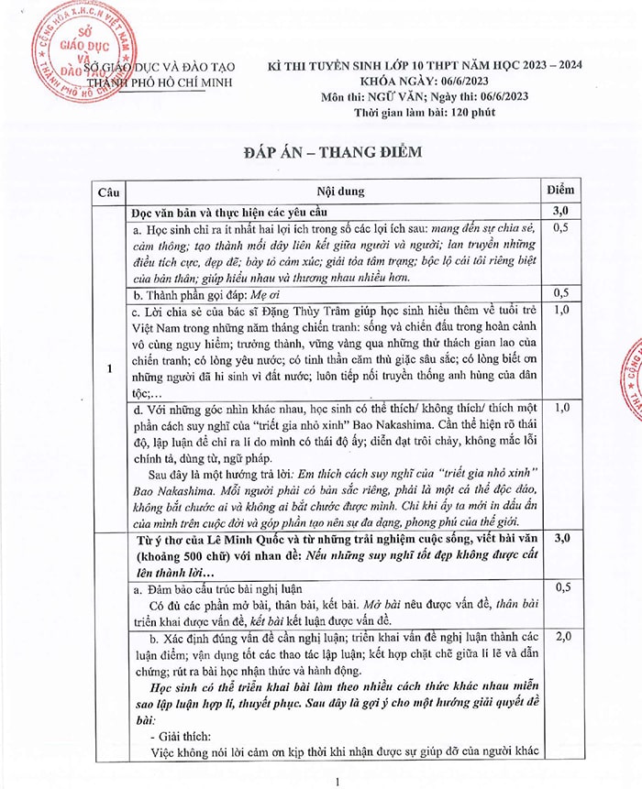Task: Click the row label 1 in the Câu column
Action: (x=108, y=369)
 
